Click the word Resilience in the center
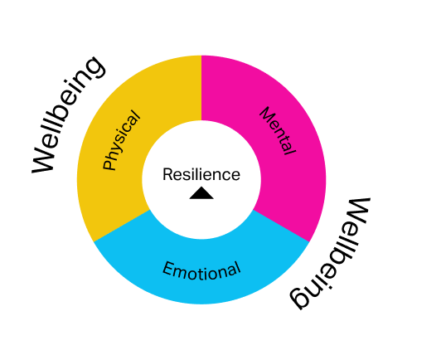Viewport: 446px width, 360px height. coord(201,174)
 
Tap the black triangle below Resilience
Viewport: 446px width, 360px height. coord(201,193)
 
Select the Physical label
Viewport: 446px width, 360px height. coord(121,140)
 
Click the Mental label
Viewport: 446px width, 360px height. coord(279,130)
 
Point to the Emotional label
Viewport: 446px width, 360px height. coord(201,270)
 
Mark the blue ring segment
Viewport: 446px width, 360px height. coord(201,272)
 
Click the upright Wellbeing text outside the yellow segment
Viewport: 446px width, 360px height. coord(68,114)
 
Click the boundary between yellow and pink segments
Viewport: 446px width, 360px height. coord(201,88)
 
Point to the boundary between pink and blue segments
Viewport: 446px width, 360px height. coord(281,226)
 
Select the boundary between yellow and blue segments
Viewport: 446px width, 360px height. coord(122,226)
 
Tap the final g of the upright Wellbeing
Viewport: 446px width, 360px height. coord(94,68)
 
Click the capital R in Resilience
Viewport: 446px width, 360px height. coord(167,174)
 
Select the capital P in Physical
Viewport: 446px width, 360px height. coord(109,165)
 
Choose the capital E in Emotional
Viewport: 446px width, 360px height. coord(168,268)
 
